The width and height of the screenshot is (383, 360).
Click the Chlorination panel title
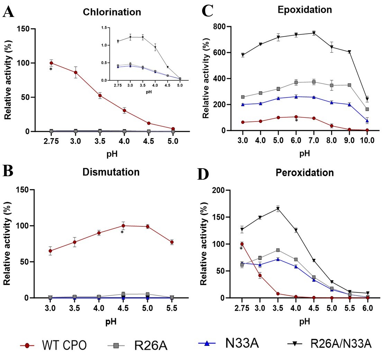point(112,12)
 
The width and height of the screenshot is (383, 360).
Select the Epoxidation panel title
point(304,10)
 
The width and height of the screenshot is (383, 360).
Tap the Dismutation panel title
point(111,172)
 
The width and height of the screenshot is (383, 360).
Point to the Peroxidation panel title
point(304,173)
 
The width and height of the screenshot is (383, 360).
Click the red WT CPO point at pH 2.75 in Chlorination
point(51,63)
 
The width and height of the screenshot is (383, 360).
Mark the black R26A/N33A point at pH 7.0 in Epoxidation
point(313,33)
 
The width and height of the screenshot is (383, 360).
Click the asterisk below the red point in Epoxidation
point(296,121)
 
